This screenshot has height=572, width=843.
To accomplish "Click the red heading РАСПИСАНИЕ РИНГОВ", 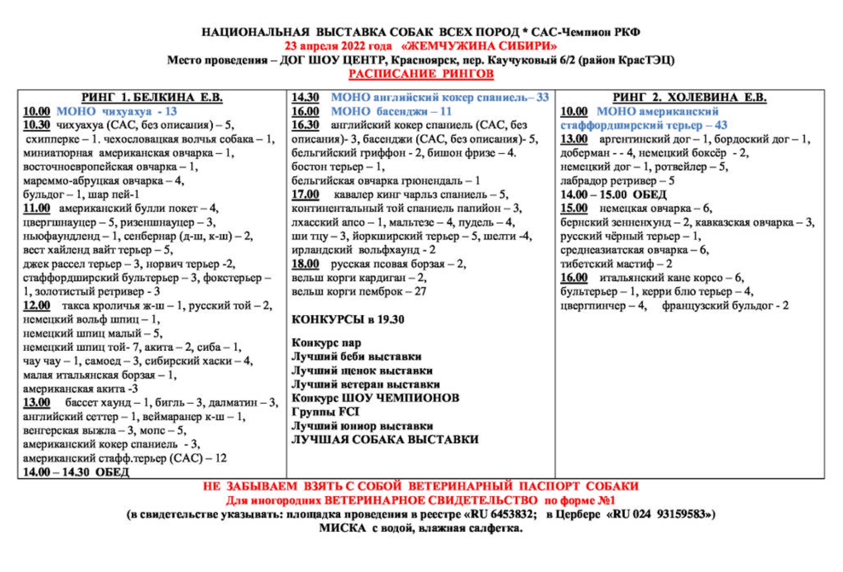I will [421, 74].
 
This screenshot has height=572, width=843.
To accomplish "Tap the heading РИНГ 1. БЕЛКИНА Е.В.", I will [152, 97].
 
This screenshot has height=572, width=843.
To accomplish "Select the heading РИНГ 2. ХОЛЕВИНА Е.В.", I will [689, 97].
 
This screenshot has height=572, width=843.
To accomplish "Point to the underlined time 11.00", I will [36, 208].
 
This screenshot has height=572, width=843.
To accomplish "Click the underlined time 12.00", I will [36, 306].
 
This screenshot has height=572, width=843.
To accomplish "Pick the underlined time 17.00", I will [305, 195].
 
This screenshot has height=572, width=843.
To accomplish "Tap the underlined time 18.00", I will [305, 264].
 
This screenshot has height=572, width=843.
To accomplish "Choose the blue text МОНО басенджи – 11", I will [391, 112].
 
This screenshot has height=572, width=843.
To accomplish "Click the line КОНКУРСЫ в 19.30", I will [347, 320].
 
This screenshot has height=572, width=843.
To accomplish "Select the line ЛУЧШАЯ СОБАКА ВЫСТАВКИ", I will [385, 440].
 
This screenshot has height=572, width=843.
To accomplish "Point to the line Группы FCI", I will [325, 412].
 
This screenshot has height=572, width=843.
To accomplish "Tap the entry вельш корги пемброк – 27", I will [359, 292].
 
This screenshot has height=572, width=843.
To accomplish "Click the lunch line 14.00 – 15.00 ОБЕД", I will [613, 195].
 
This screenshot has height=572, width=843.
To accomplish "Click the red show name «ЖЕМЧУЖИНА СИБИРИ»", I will [479, 46].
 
